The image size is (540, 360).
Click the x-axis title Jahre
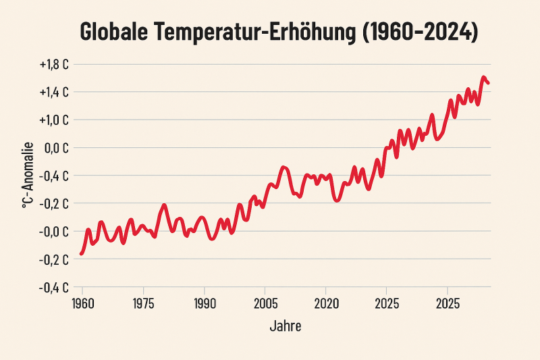click(x=285, y=326)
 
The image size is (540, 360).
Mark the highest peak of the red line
click(x=483, y=78)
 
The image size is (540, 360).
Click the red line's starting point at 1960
click(x=81, y=253)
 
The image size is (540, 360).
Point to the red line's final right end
click(x=489, y=83)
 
